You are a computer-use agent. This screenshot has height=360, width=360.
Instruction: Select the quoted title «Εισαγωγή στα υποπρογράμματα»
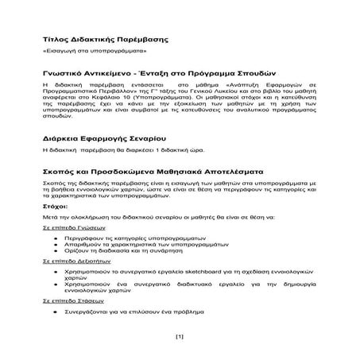tap(92, 50)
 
